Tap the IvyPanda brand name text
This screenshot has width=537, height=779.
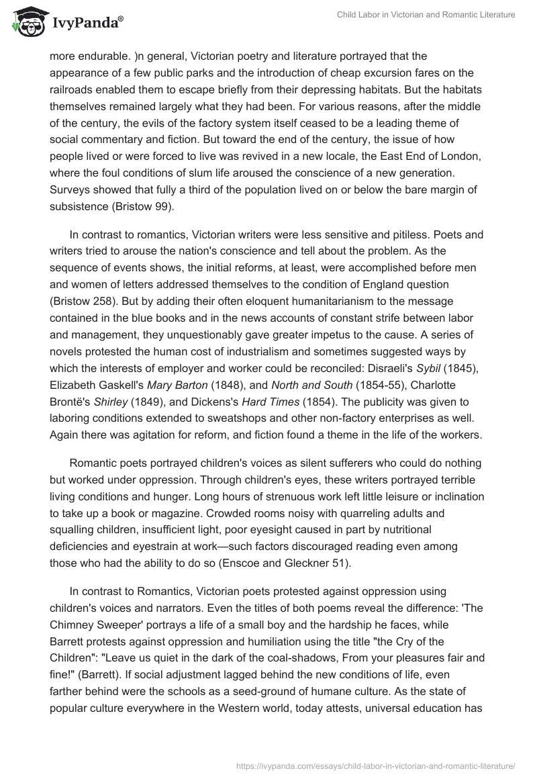tap(85, 23)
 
